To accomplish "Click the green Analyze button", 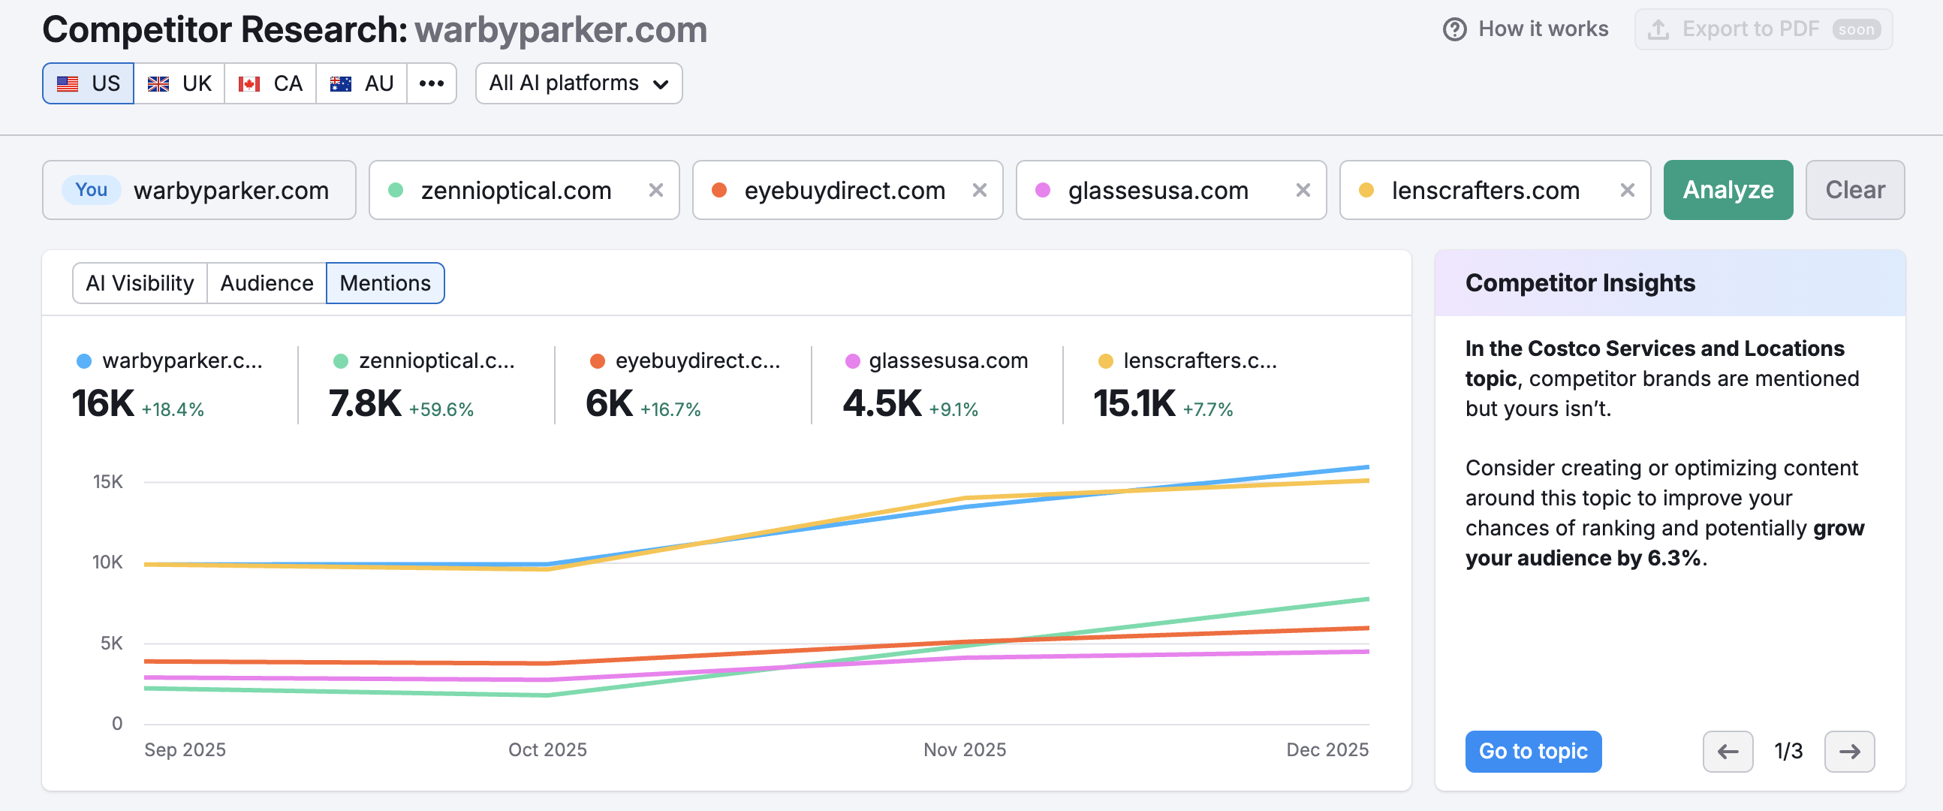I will (x=1728, y=190).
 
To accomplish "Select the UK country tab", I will (x=179, y=83).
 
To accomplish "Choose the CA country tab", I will (x=270, y=83).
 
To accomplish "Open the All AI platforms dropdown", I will (x=579, y=83).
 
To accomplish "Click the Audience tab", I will (x=267, y=283).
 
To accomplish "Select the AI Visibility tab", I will (x=140, y=283).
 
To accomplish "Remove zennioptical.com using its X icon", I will (x=655, y=190).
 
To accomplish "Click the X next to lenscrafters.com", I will (x=1627, y=190).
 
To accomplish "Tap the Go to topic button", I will (x=1532, y=751).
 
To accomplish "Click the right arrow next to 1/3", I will (x=1848, y=751).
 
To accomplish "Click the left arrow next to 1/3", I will (x=1728, y=751).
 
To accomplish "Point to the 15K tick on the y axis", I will (x=108, y=481).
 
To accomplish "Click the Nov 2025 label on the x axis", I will (x=965, y=749).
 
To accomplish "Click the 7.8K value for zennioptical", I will (x=365, y=403).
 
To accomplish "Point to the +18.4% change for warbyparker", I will (x=173, y=410).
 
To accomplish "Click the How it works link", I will (x=1526, y=29).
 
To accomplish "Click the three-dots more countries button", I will (x=432, y=83).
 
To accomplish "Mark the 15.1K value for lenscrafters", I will (x=1134, y=403).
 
